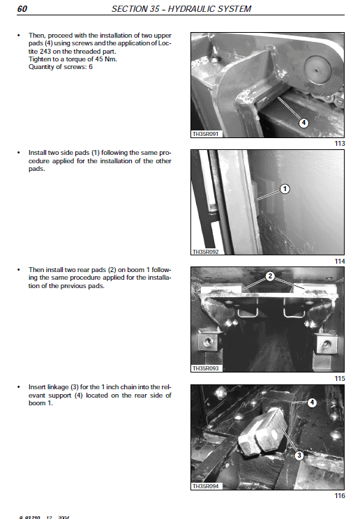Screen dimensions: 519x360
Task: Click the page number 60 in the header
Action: pos(22,9)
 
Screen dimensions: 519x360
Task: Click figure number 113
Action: pos(340,144)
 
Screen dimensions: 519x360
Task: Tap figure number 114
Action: pos(340,261)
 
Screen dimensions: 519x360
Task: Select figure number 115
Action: pos(340,377)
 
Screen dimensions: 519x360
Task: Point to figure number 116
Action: pos(340,496)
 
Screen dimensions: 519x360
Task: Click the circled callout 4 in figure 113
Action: pos(303,123)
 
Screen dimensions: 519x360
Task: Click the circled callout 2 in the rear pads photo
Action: pos(269,276)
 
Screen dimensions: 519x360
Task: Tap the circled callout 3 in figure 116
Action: pos(299,456)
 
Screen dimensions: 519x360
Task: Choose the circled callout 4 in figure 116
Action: pos(311,403)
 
